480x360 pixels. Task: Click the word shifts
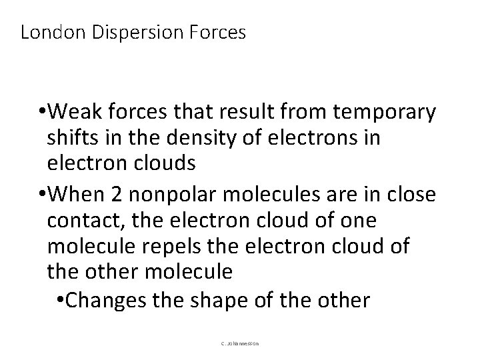68,137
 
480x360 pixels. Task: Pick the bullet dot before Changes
61,300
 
